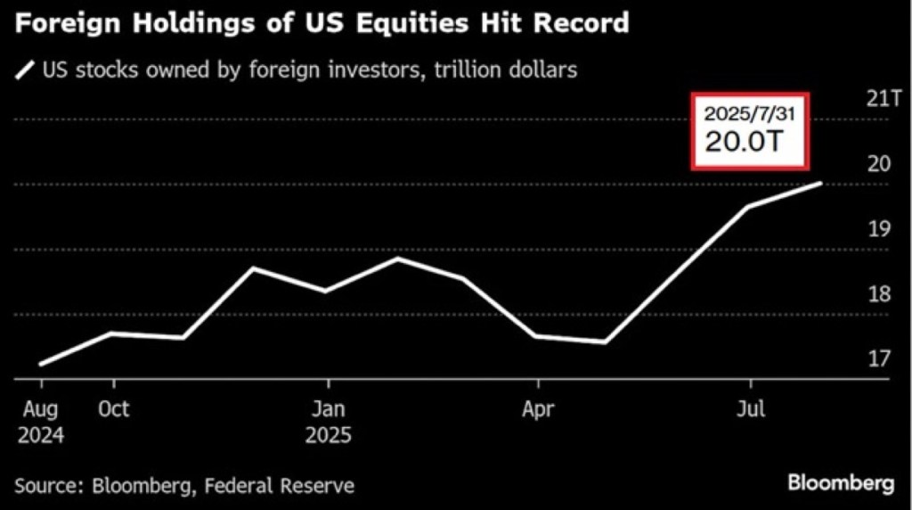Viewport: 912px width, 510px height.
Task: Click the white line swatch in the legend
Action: (x=25, y=69)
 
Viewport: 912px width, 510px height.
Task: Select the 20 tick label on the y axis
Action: (x=880, y=163)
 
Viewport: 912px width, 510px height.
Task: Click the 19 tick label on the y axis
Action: (x=880, y=228)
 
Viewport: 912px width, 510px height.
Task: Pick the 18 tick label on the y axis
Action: (x=880, y=293)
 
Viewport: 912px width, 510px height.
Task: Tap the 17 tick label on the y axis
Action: (x=880, y=358)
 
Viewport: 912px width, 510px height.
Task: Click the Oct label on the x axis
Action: (x=113, y=409)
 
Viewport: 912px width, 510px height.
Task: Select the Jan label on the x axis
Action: (x=329, y=409)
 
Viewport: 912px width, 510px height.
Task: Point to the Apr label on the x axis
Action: (x=538, y=409)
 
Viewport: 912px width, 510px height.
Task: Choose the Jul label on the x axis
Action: (x=751, y=409)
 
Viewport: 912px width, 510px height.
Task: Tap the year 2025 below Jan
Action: (x=329, y=437)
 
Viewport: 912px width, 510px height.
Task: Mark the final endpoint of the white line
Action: (x=820, y=183)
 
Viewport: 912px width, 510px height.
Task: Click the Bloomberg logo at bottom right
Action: (x=840, y=483)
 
